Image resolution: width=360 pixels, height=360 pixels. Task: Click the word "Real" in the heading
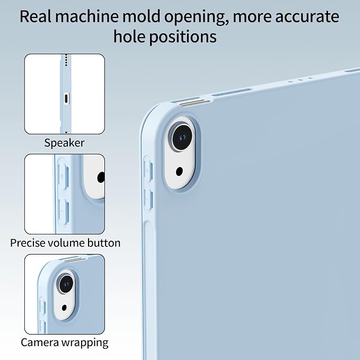36,16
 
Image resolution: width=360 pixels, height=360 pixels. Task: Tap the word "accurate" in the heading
307,17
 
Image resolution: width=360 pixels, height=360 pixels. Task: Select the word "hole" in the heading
129,36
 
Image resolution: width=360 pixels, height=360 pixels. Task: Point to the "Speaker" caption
64,143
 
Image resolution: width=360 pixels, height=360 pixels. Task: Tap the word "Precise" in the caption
28,243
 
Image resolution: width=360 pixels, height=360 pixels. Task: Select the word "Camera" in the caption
40,343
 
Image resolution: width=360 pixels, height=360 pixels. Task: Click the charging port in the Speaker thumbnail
66,99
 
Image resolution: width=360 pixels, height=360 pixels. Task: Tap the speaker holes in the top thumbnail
66,60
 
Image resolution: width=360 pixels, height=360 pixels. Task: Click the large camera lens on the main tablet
182,138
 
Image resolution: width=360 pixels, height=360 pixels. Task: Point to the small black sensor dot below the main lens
179,171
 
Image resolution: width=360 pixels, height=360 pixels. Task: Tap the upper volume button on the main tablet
147,170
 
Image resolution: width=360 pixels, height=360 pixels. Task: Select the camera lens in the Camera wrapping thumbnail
66,284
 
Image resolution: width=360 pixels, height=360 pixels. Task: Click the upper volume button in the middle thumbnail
63,177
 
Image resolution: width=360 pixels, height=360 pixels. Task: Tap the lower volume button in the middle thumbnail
64,212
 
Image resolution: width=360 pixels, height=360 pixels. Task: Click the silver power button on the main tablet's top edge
195,103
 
